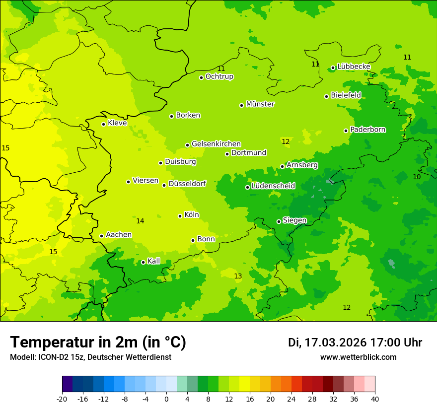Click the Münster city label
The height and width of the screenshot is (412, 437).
[x=260, y=104]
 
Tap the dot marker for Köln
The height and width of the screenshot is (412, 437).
[x=180, y=216]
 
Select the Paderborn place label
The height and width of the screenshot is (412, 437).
[x=368, y=130]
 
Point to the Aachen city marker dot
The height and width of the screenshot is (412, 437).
[x=101, y=236]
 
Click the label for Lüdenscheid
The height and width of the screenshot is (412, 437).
[x=273, y=186]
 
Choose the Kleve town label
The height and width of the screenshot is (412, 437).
[x=117, y=123]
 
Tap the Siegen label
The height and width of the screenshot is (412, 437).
[x=294, y=220]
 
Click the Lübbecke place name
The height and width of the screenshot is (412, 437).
[x=354, y=67]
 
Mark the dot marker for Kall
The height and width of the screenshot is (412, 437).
[x=143, y=262]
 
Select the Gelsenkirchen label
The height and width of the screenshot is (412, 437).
[x=216, y=144]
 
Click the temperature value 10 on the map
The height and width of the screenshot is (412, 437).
[x=417, y=177]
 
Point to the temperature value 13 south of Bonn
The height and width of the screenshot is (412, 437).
[x=238, y=276]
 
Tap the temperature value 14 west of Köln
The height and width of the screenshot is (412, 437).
[x=140, y=221]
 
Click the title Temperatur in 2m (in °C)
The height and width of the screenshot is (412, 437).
[x=98, y=342]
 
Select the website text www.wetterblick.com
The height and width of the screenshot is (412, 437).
[x=358, y=357]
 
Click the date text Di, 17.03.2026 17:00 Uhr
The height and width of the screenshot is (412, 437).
[x=355, y=343]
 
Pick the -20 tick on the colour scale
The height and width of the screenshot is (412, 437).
[x=62, y=399]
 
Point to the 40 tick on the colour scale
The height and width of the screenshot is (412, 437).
[x=374, y=399]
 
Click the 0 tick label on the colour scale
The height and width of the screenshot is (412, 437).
[x=166, y=399]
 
